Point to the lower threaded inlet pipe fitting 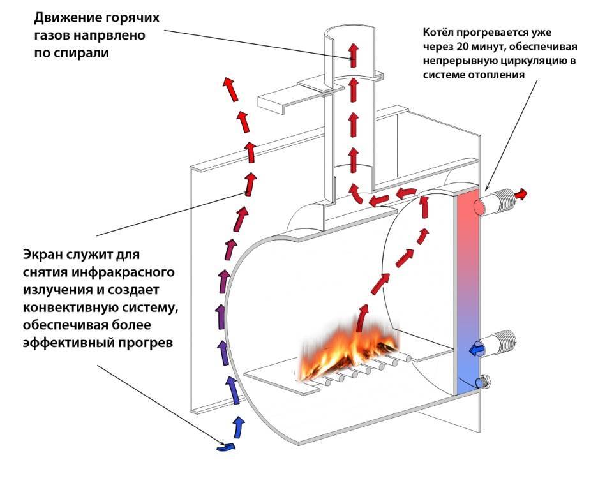tap(501, 344)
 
